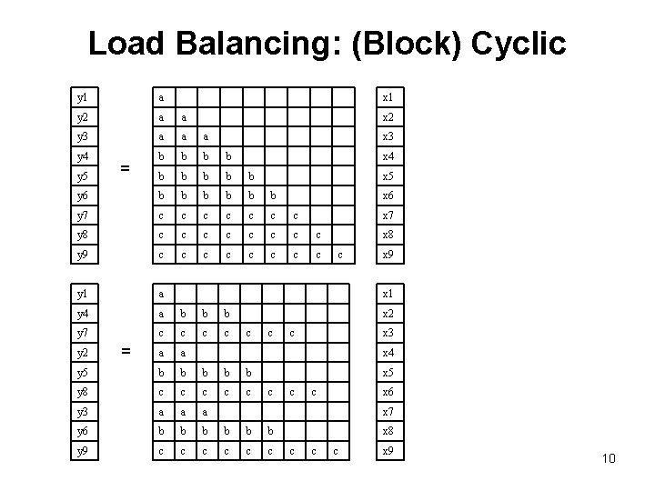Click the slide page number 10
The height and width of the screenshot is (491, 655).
click(608, 458)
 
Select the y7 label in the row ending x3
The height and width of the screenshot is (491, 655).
click(83, 334)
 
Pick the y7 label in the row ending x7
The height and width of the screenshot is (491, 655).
click(83, 215)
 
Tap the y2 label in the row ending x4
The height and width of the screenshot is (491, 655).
click(83, 353)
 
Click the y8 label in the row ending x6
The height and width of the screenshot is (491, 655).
click(83, 393)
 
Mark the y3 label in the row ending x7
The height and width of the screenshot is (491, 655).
click(83, 412)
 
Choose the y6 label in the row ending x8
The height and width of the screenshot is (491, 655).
click(83, 432)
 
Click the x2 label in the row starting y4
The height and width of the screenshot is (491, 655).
click(388, 314)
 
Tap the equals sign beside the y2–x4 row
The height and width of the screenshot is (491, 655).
click(126, 353)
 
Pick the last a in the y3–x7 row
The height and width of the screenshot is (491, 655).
click(206, 412)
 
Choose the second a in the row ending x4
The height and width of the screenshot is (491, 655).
click(184, 353)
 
